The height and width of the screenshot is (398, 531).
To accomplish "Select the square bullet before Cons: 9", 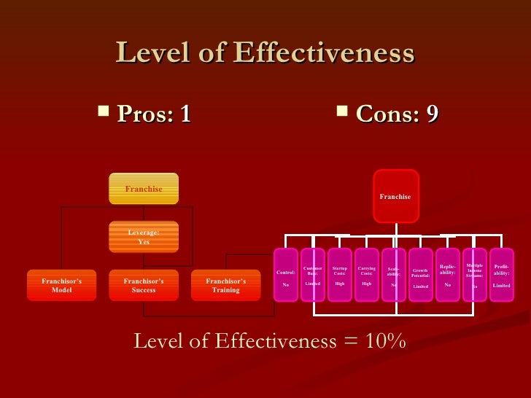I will point(341,112).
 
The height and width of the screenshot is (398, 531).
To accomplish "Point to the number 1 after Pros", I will point(185,114).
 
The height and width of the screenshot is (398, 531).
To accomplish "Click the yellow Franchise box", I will point(144,189).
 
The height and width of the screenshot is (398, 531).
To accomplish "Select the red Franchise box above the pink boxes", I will point(395,196).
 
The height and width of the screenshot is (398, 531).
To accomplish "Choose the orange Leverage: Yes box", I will point(144,237).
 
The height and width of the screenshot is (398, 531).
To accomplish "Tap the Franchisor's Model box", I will point(61,285).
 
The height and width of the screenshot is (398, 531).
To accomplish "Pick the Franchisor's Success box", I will point(144,285).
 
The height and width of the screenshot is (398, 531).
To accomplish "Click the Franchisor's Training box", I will point(226,285).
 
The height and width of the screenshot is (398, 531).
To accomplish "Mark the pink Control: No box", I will point(286,274).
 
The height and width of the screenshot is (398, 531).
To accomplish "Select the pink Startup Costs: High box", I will point(340,274).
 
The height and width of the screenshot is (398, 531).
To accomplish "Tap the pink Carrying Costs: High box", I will point(367,274).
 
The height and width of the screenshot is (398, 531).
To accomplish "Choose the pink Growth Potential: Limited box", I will point(421,274).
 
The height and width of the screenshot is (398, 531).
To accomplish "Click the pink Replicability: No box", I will point(448,274).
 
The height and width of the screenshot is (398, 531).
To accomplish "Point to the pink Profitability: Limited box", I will point(502,274).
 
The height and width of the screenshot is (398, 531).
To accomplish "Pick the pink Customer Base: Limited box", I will point(313,274).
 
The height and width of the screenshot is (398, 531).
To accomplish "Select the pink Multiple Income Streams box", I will point(475,274).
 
